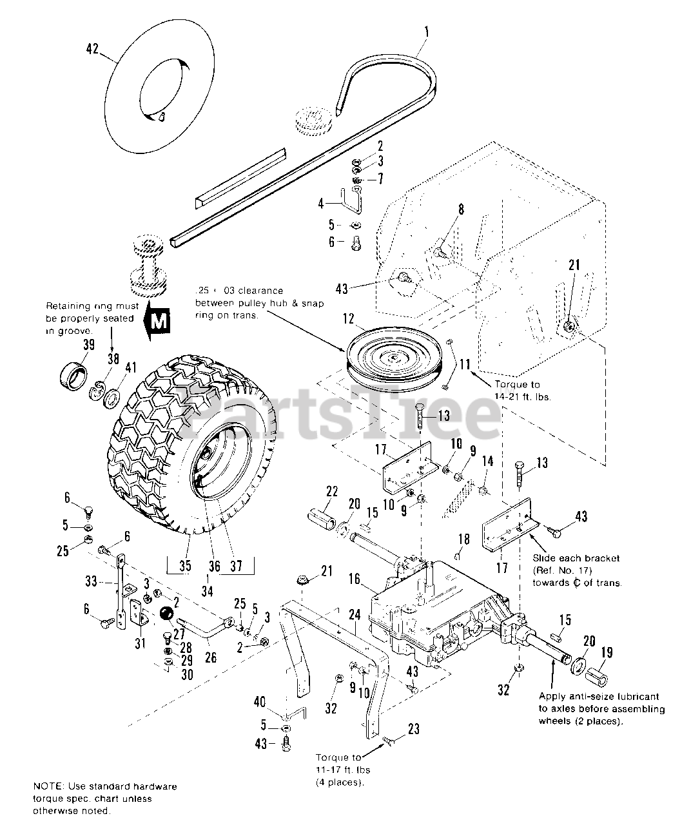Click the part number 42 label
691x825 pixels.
coord(92,48)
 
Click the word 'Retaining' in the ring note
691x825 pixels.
coord(66,306)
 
